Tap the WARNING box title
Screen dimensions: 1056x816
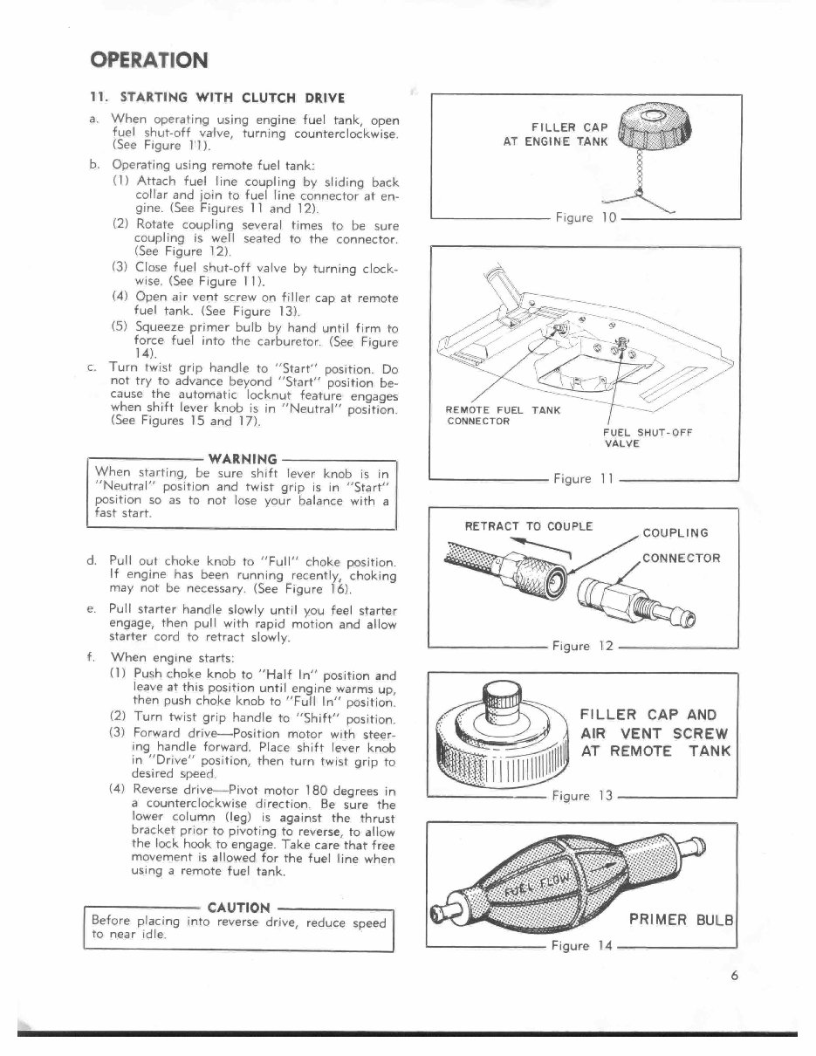243,458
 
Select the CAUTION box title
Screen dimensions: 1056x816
239,908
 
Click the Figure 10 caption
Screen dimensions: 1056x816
586,217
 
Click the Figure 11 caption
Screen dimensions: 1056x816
585,478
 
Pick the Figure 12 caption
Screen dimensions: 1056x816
584,647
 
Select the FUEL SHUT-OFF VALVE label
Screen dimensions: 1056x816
647,437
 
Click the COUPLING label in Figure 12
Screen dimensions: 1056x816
675,533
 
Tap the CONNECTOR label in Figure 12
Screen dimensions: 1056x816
681,559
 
